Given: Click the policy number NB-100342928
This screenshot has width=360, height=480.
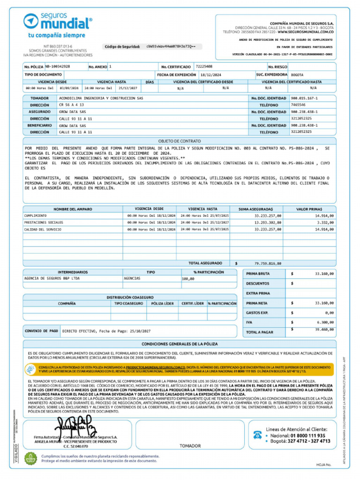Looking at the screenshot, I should tap(58, 67).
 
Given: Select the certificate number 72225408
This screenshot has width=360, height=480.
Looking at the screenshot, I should tap(204, 67).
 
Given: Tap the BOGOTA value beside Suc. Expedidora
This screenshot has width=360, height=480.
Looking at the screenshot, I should tap(297, 75).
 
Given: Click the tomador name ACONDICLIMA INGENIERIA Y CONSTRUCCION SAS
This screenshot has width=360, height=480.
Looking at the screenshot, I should tap(101, 98).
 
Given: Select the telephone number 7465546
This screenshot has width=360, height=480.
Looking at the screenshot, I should tap(298, 105).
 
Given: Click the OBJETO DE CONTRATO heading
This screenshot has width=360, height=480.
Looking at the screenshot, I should tap(180, 141).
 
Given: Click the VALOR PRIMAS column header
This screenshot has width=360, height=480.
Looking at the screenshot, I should tap(309, 209).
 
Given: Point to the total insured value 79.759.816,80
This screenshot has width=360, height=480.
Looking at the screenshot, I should tap(268, 263).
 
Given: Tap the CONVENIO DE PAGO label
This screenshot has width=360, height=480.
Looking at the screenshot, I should tap(41, 330).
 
